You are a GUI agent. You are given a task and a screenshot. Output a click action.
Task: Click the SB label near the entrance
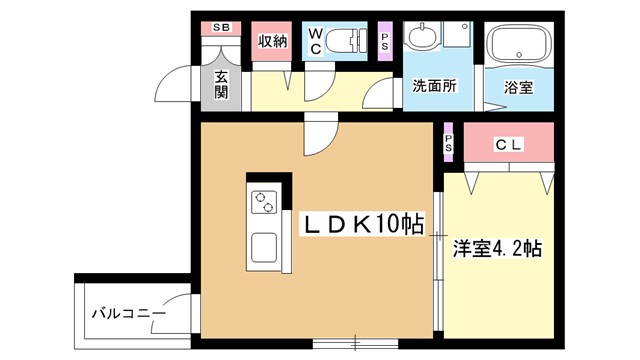[x=221, y=28]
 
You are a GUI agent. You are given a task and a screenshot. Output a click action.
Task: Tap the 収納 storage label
[x=272, y=41]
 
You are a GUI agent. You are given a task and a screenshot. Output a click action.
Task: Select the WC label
[x=316, y=41]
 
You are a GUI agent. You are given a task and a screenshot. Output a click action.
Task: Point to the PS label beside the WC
[x=384, y=42]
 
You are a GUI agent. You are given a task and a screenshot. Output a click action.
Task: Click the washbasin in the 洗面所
[x=423, y=35]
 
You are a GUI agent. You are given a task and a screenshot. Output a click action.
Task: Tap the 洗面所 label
[x=434, y=86]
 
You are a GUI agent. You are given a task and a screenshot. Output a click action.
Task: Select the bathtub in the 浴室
[x=519, y=45]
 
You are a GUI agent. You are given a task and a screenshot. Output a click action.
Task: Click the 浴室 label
[x=518, y=87]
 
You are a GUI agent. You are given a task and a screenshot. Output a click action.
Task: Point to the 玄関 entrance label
[x=221, y=84]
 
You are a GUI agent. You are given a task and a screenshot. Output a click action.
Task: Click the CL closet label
[x=508, y=144]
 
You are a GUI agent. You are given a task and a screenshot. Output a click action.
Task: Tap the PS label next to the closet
[x=449, y=143]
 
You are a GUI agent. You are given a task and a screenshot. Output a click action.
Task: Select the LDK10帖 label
[x=363, y=224]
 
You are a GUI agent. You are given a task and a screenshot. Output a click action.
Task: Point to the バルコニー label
[x=129, y=313]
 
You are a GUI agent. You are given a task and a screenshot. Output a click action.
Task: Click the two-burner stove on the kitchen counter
[x=264, y=202]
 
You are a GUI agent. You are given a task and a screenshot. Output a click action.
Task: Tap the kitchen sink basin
[x=264, y=247]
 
